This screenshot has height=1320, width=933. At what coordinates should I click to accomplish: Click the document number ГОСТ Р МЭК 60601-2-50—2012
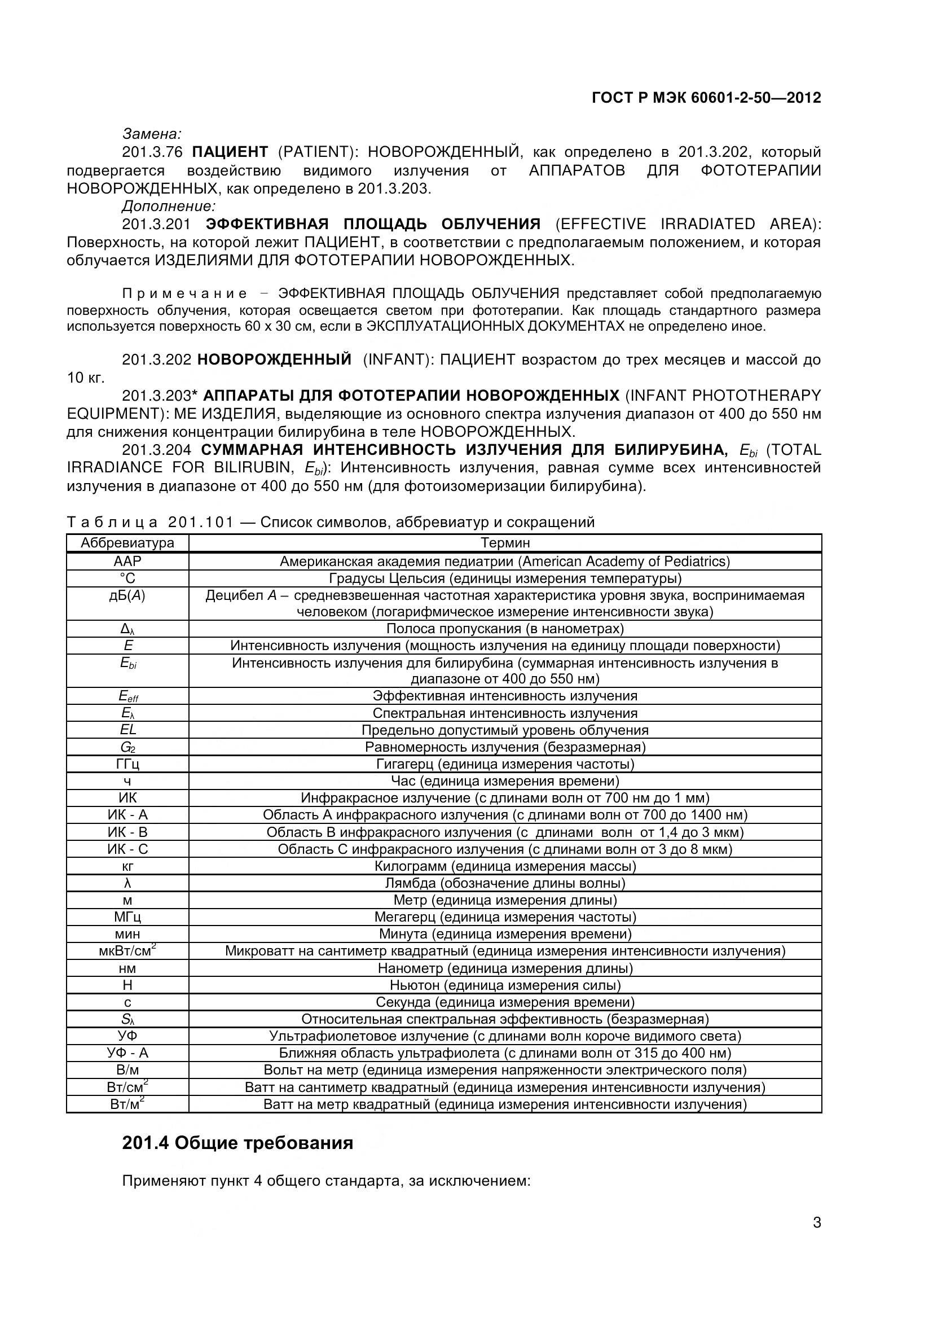click(706, 98)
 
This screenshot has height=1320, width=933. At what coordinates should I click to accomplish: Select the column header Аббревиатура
click(127, 543)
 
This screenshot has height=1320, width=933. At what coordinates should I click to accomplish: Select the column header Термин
click(505, 543)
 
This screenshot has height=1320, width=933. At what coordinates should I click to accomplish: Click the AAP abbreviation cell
click(127, 561)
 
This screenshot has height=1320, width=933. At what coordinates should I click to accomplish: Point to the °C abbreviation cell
click(127, 578)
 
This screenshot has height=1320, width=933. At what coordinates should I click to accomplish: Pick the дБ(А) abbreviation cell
click(127, 595)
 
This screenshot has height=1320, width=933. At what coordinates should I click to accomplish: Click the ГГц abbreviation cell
click(127, 764)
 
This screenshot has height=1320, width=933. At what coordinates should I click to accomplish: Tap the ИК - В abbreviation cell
click(127, 832)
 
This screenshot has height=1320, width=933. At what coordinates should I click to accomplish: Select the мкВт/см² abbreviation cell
click(127, 951)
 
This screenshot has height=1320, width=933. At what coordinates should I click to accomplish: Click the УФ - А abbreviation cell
click(127, 1053)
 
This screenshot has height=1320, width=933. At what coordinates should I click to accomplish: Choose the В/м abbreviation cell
click(127, 1070)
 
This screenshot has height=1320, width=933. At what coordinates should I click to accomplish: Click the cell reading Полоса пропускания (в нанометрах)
click(505, 628)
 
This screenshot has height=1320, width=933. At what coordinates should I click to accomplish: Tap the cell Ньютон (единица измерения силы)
click(505, 985)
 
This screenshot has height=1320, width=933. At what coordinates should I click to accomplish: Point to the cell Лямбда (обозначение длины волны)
click(505, 883)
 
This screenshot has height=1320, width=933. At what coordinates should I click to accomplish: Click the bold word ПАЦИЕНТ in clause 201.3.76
click(230, 152)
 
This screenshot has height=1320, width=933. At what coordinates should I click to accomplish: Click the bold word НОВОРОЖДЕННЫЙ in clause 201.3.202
click(274, 360)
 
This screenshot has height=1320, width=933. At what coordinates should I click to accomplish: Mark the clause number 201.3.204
click(156, 450)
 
